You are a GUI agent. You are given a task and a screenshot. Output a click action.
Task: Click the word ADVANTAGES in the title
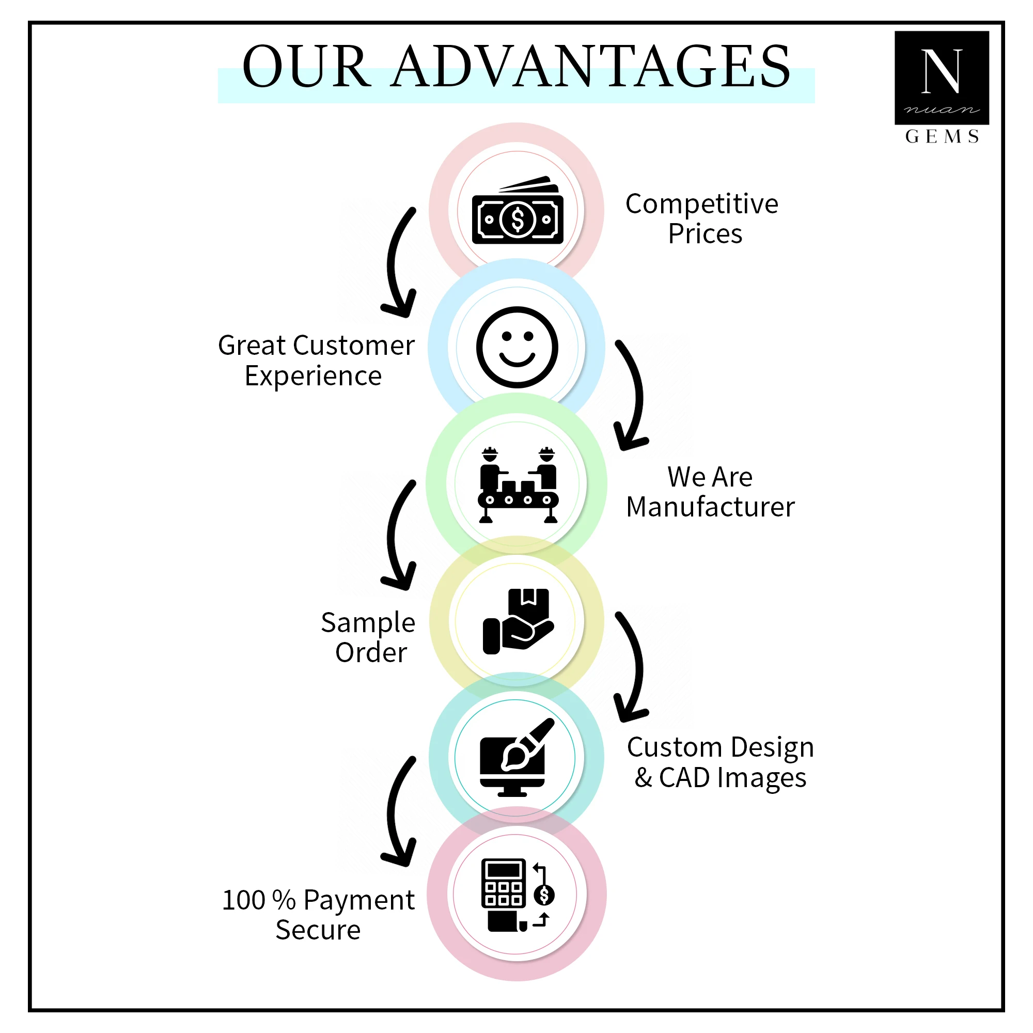[x=591, y=67]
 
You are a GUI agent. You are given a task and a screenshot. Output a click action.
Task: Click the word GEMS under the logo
[x=942, y=137]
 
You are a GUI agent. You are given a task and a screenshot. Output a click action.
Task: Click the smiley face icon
[x=517, y=347]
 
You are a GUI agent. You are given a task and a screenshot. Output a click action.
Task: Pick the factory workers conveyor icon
[x=517, y=484]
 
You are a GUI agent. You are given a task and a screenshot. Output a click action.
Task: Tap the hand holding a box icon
[x=517, y=621]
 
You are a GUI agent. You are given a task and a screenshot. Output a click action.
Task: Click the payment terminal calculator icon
[x=517, y=895]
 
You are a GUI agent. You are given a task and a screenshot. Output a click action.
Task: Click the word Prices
[x=705, y=234]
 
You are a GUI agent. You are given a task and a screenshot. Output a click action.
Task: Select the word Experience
[x=314, y=377]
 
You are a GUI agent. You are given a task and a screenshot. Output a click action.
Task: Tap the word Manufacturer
[x=710, y=507]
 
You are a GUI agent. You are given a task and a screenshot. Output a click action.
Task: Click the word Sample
[x=368, y=623]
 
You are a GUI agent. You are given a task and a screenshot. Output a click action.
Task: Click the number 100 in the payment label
[x=243, y=900]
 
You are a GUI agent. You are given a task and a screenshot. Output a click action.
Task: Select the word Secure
[x=318, y=930]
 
